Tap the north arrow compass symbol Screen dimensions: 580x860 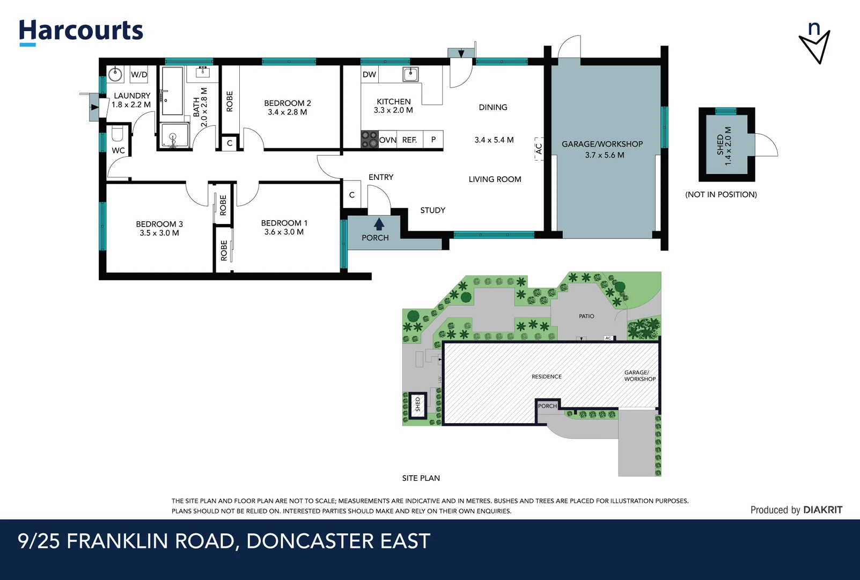(814, 43)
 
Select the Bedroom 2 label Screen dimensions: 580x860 (287, 103)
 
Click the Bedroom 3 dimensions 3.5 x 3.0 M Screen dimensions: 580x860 (159, 233)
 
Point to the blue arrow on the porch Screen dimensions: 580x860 (379, 223)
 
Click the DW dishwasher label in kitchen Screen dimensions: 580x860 (369, 75)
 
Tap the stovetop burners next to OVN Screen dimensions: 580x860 (369, 140)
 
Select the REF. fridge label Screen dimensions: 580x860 (409, 140)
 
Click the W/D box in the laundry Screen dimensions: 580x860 (139, 75)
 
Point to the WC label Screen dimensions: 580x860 (118, 150)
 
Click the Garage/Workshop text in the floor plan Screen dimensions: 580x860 (602, 144)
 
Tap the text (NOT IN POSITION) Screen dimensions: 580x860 (721, 194)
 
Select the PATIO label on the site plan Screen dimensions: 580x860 (586, 316)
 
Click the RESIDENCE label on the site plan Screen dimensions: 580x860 (546, 376)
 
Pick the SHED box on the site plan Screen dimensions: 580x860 (417, 404)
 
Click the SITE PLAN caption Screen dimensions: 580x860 (421, 478)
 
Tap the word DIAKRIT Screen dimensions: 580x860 (822, 510)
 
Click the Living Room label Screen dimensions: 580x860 (495, 179)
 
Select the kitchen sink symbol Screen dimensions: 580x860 (410, 74)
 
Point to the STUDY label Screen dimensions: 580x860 (432, 211)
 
